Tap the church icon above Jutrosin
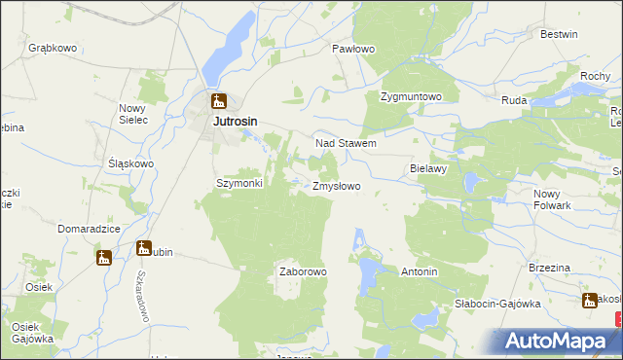click(219, 100)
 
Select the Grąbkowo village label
click(53, 48)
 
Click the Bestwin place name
click(559, 34)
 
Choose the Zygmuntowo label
click(412, 97)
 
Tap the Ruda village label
click(514, 100)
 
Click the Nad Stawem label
click(346, 143)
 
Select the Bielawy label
click(427, 168)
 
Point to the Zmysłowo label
click(337, 186)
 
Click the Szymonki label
click(239, 183)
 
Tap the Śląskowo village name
click(131, 163)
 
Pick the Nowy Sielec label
click(132, 114)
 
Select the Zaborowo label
click(303, 271)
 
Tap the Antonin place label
click(420, 271)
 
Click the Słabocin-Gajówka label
click(497, 304)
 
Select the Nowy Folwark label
click(553, 198)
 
